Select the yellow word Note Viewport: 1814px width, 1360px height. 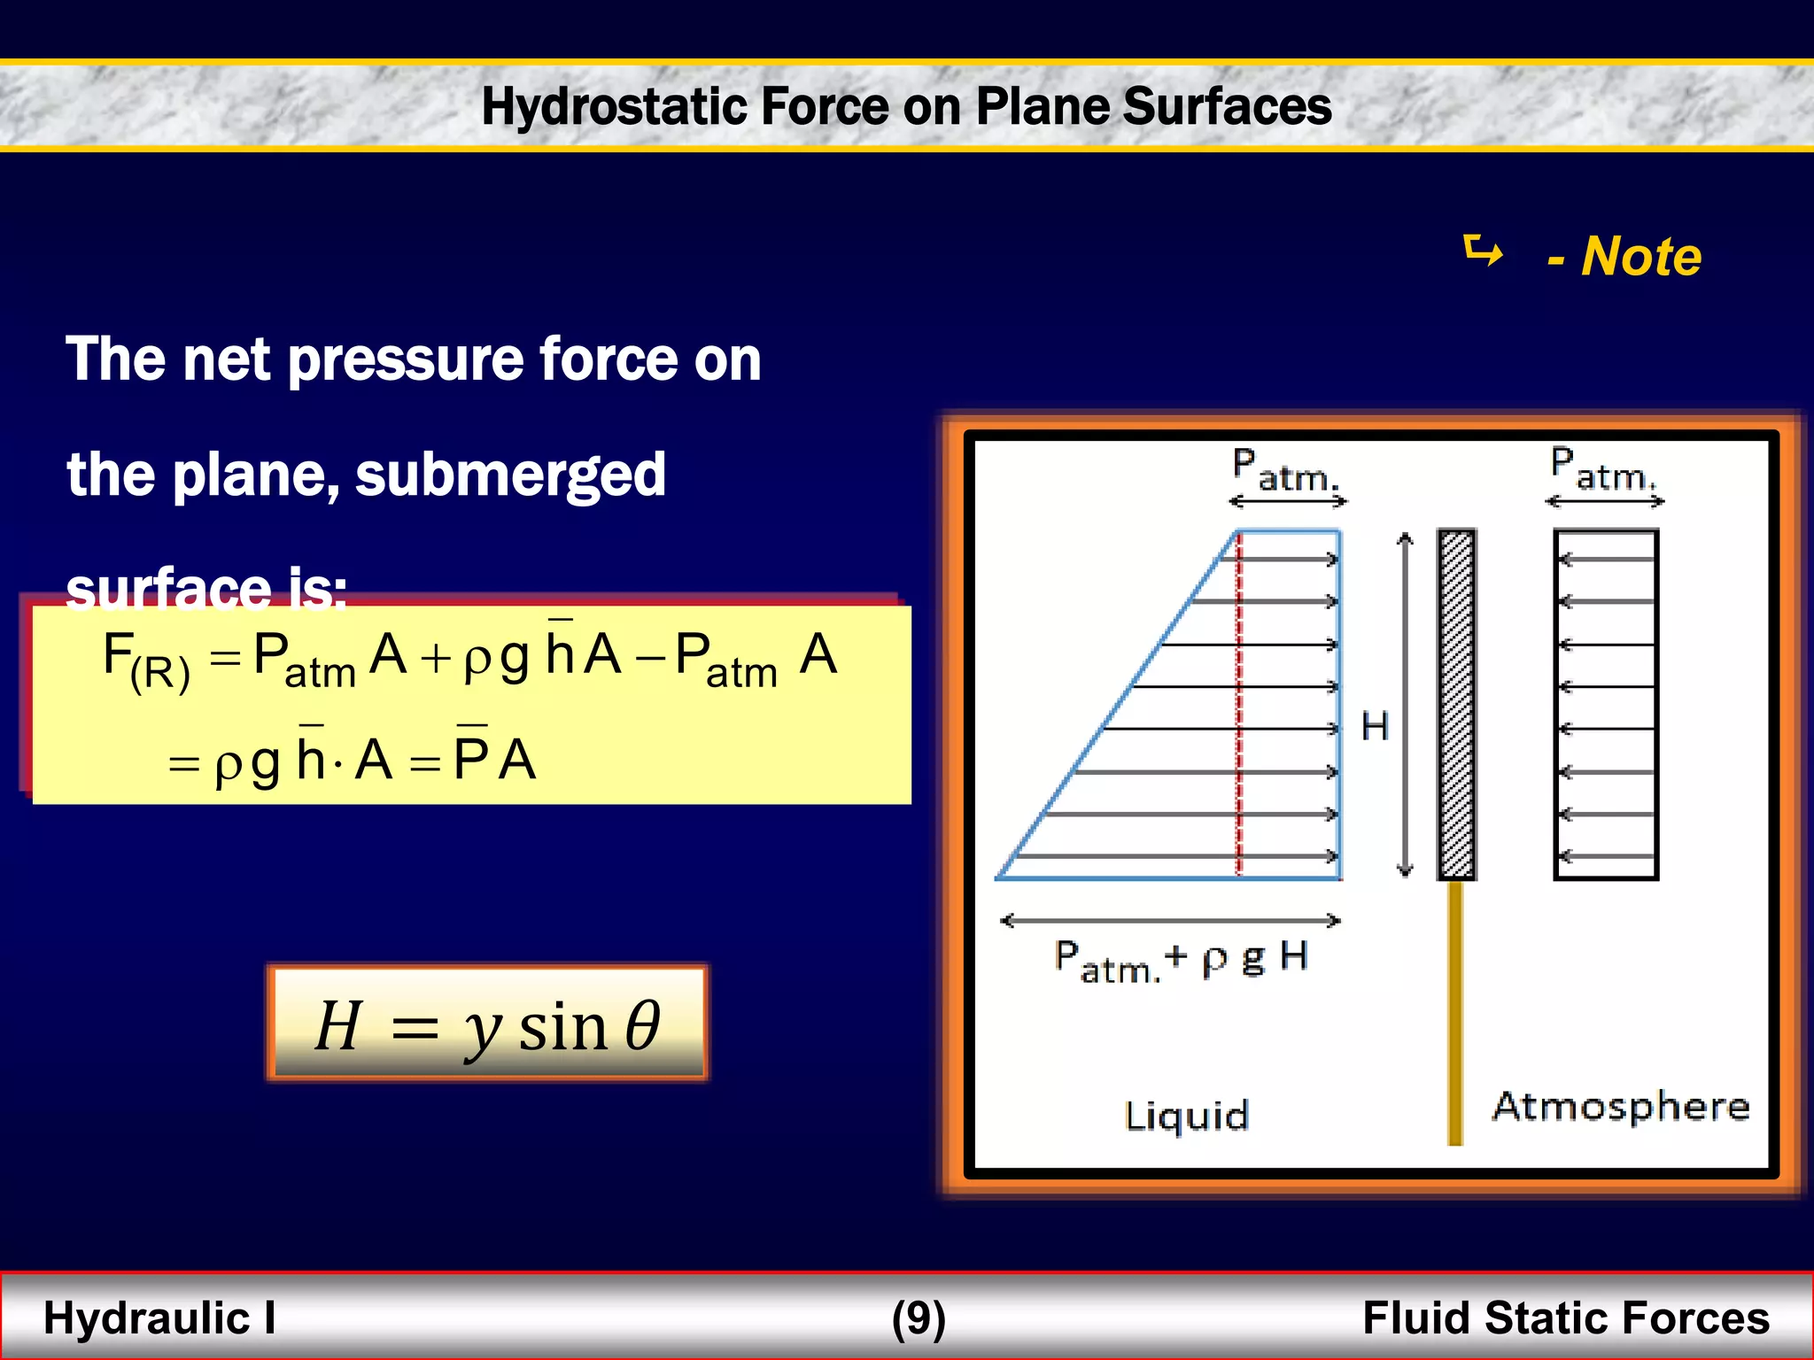click(1641, 257)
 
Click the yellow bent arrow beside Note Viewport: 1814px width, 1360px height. click(1484, 251)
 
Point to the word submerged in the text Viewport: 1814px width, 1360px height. click(510, 475)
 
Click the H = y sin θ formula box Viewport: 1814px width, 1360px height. click(487, 1024)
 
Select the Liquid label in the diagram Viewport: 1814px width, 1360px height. click(1186, 1116)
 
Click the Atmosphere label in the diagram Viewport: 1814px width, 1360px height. click(1620, 1107)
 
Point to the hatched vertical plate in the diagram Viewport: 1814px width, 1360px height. click(1456, 704)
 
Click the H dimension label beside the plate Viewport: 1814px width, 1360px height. click(1375, 727)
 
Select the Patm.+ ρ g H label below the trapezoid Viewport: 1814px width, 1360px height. click(1181, 961)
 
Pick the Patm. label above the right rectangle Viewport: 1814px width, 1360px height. click(1602, 470)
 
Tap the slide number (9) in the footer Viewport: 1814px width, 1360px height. click(919, 1317)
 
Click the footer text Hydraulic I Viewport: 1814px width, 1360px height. click(159, 1317)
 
